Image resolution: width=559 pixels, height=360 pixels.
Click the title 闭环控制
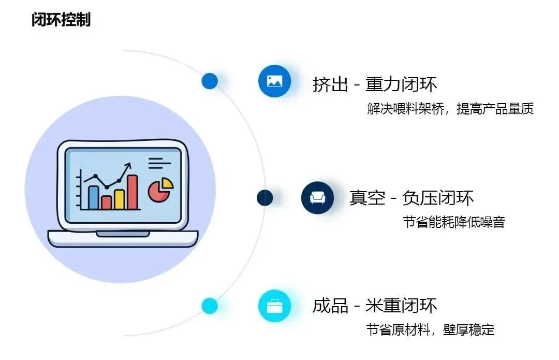(61, 20)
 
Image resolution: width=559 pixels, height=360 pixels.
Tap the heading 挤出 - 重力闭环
(375, 84)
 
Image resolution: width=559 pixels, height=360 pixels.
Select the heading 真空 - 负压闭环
(411, 197)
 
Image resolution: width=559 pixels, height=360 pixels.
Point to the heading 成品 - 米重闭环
(375, 306)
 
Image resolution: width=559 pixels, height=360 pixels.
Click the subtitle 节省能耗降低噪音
(453, 222)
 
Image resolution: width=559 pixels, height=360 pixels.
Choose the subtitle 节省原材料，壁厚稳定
(430, 329)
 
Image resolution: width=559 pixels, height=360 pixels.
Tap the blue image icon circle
(274, 81)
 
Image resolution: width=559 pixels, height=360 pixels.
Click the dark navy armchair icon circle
(317, 197)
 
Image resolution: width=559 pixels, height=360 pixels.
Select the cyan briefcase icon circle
(274, 306)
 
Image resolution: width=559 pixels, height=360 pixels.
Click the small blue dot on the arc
(210, 81)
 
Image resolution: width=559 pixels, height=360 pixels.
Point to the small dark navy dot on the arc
(264, 197)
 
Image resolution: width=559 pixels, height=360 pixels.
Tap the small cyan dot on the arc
(210, 306)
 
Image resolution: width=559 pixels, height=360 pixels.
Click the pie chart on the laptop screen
(160, 190)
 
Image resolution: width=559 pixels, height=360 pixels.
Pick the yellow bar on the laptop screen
(119, 199)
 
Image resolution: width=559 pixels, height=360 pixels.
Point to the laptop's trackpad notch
(122, 234)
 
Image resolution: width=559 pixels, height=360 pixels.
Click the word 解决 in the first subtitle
(375, 109)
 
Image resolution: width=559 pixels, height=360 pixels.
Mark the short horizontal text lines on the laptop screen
(159, 163)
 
